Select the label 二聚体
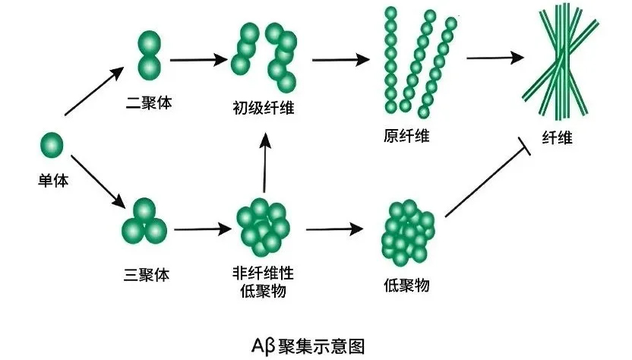(x=149, y=102)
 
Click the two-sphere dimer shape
(x=150, y=55)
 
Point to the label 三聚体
(x=146, y=274)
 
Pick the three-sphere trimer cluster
(x=145, y=220)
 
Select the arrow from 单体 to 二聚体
(x=94, y=91)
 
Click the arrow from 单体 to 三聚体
(x=96, y=182)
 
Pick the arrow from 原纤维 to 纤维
(x=495, y=57)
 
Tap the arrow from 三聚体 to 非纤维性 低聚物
(x=201, y=227)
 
